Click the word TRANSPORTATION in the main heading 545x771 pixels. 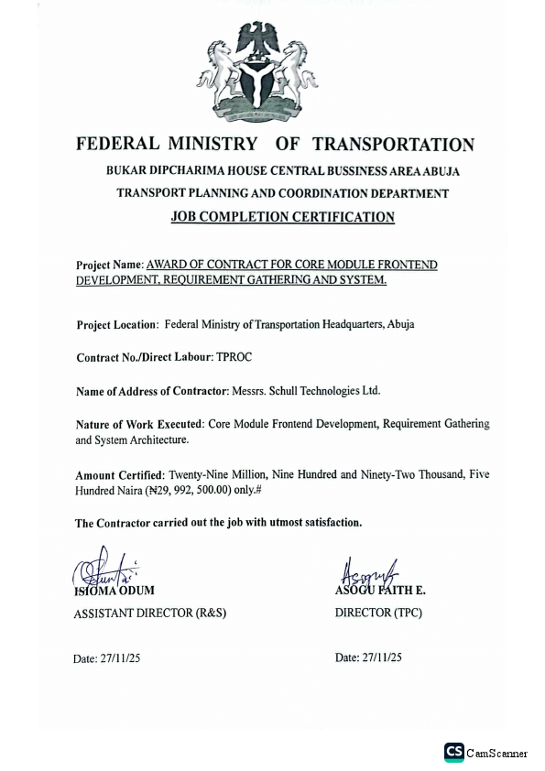[393, 145]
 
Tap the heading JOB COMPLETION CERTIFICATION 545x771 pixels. [283, 217]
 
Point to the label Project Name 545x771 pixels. [109, 266]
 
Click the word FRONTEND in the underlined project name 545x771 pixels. [405, 265]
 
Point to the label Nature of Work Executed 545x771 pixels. [138, 425]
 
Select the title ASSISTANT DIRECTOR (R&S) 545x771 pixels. [149, 613]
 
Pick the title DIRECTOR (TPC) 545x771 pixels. [378, 613]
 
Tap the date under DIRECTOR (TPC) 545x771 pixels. [368, 657]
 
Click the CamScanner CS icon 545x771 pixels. [453, 752]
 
